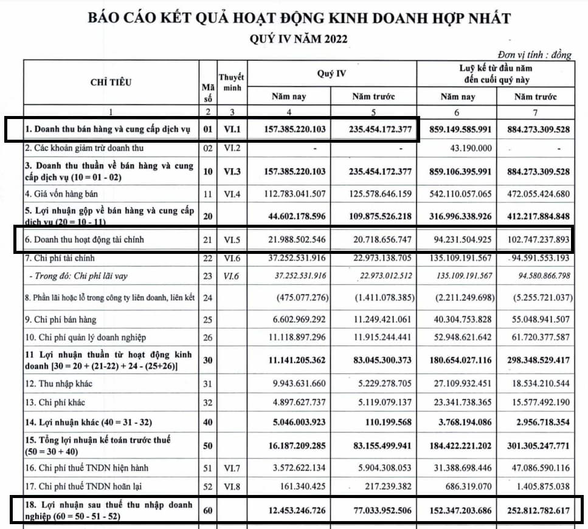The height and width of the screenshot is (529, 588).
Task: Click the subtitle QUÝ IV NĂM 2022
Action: point(299,39)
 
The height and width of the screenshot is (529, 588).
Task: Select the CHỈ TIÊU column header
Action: point(111,83)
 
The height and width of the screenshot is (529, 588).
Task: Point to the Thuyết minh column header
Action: point(231,83)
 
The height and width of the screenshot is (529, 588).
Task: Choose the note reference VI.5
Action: point(231,240)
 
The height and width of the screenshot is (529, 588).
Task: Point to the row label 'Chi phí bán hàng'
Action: point(61,319)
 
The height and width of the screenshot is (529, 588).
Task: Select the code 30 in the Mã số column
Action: point(207,360)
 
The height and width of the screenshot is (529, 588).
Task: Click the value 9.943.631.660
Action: point(295,384)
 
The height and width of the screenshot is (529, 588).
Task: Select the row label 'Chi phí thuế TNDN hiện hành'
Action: point(86,468)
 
